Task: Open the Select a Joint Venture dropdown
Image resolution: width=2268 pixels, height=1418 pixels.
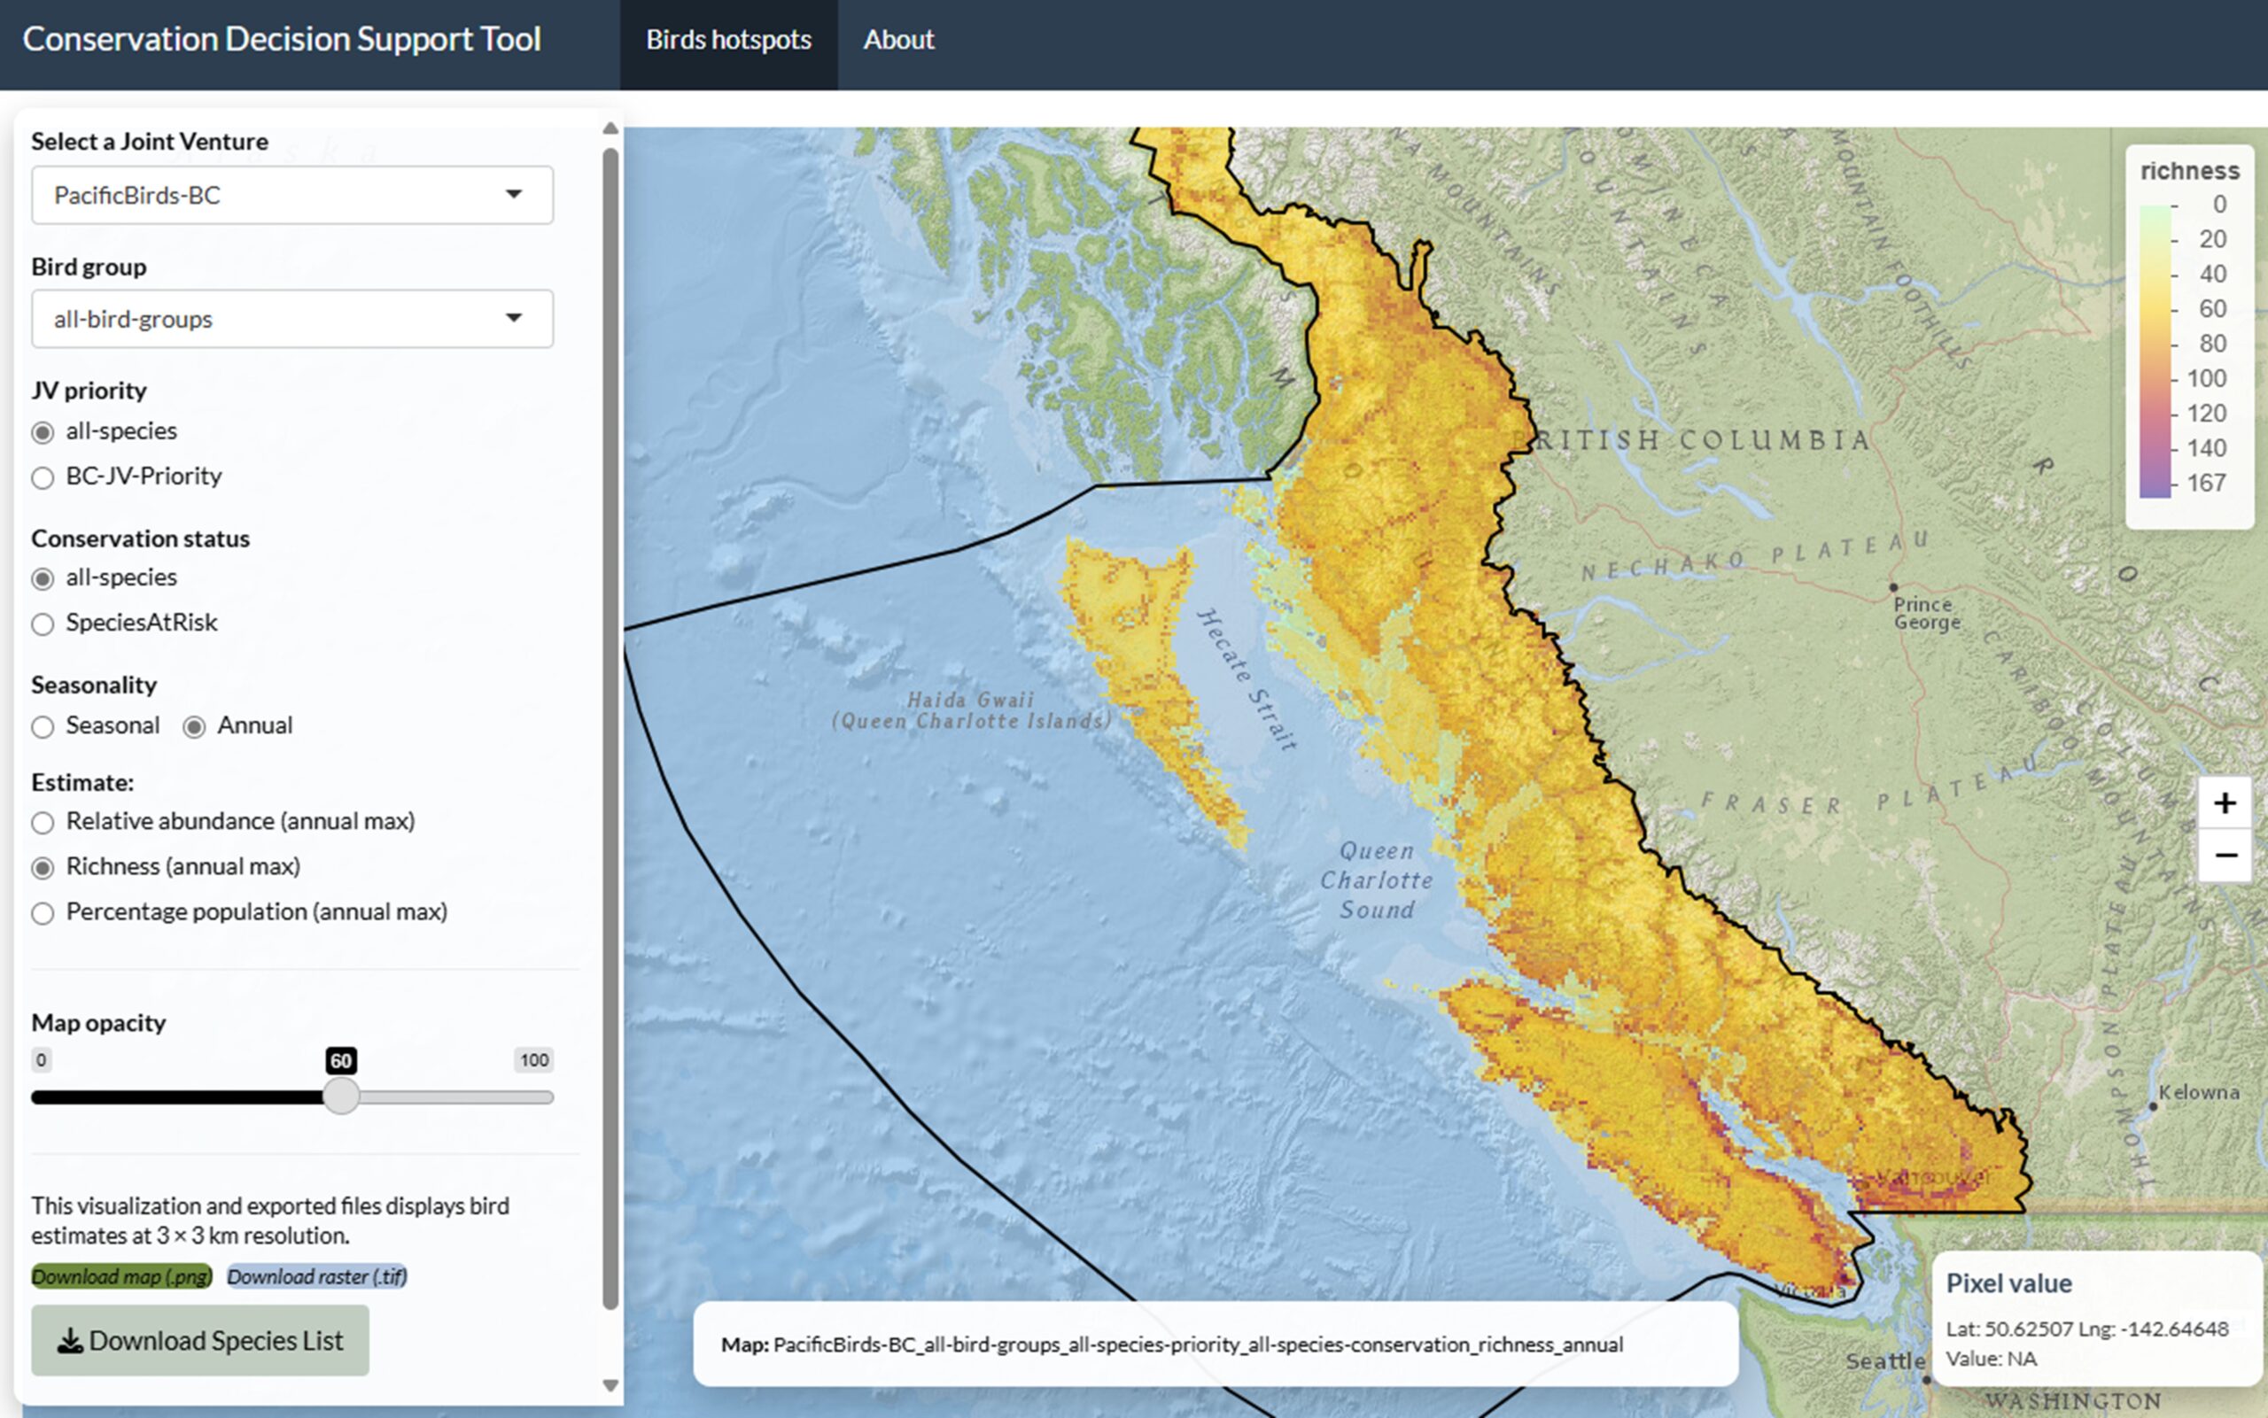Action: click(x=291, y=195)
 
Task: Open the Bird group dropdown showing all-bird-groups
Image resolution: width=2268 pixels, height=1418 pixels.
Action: click(x=291, y=319)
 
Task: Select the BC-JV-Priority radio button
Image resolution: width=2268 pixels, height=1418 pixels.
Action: click(x=43, y=478)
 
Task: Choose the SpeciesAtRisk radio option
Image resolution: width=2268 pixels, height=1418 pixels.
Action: click(x=43, y=624)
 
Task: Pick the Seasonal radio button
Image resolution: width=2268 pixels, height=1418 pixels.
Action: click(x=43, y=728)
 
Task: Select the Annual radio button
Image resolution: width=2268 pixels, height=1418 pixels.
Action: click(x=194, y=728)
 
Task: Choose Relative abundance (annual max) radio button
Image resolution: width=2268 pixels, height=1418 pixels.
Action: click(x=43, y=824)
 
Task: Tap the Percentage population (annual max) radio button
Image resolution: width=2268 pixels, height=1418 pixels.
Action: click(x=43, y=913)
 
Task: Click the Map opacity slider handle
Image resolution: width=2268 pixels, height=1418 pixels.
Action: click(x=341, y=1096)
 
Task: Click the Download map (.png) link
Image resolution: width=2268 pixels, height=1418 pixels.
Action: click(x=122, y=1276)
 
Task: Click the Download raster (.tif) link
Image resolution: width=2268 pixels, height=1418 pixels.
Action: click(x=317, y=1276)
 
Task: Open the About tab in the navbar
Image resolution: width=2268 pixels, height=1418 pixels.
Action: click(x=898, y=39)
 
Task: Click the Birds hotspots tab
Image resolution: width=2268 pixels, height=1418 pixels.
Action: click(x=729, y=39)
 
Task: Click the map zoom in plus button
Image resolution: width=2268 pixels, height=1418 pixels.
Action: click(x=2225, y=802)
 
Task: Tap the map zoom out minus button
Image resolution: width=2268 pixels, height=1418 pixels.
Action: click(x=2225, y=856)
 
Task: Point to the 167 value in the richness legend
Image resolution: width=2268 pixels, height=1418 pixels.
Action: click(x=2206, y=483)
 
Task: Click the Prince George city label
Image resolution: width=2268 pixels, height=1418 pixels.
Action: click(x=1926, y=613)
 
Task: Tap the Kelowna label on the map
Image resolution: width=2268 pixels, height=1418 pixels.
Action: click(x=2199, y=1093)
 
